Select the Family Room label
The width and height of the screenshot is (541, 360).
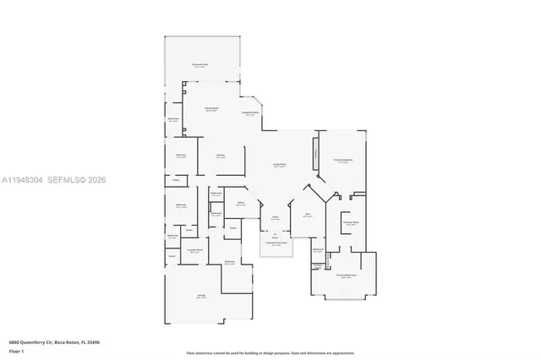[211, 109]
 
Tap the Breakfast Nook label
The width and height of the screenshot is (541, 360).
[251, 113]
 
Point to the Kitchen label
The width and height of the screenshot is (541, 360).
[220, 155]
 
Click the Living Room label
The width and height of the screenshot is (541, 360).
[280, 166]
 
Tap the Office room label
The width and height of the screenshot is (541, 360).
[240, 203]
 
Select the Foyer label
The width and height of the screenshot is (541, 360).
[275, 218]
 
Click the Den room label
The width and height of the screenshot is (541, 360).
[308, 215]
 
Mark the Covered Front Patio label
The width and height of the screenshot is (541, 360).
[276, 244]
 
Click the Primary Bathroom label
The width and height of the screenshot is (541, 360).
[347, 276]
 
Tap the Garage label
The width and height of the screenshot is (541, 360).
[201, 296]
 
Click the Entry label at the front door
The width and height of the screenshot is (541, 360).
[276, 237]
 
